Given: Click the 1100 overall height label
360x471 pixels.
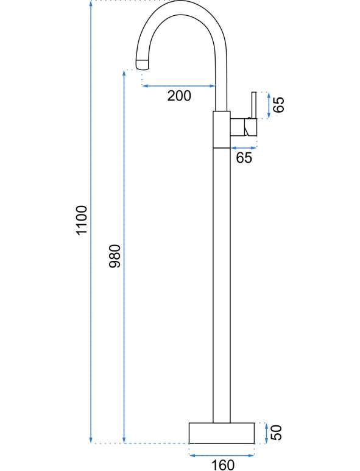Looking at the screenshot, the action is tap(82, 220).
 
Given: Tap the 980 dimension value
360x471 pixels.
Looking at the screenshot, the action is tap(115, 257).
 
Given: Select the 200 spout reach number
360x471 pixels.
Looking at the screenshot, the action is tap(179, 96).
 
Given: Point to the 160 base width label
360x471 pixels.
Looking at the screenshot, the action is tap(223, 464).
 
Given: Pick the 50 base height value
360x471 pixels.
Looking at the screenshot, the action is tap(276, 433).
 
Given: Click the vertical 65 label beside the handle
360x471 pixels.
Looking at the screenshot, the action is tap(278, 105).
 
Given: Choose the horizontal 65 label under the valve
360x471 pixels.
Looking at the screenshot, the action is tap(244, 158).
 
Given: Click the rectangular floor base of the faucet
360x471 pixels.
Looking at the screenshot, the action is tap(222, 433).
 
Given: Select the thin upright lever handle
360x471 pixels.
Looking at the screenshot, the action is tap(254, 105).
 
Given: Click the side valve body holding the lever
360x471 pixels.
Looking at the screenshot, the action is tap(244, 127).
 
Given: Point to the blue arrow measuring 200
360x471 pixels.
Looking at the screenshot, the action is tap(178, 86).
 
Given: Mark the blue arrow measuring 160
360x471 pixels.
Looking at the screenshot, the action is tap(222, 456).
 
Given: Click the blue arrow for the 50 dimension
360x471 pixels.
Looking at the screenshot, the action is tap(266, 433).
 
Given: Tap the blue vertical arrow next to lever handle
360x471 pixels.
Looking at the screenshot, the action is tap(269, 105).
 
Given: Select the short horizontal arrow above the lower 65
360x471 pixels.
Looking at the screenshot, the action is tap(244, 148).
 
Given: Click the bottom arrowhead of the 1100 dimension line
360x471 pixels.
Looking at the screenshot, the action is tap(91, 441).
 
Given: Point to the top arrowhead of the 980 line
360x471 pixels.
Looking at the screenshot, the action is tap(124, 73).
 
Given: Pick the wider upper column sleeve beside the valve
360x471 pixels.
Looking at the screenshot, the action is tap(222, 129).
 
